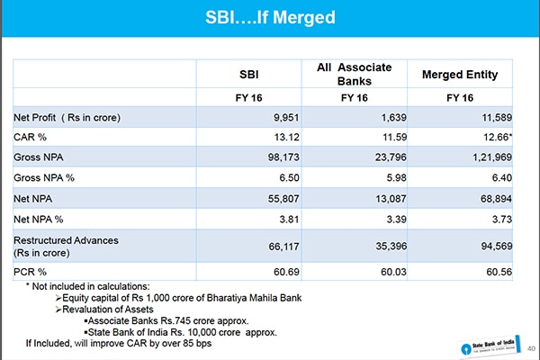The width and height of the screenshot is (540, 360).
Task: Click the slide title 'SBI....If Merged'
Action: click(x=270, y=17)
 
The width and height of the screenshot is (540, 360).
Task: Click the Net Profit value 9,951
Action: click(x=283, y=117)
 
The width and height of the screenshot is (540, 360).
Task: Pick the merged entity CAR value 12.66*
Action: click(x=491, y=137)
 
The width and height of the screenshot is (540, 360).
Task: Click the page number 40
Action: click(x=530, y=348)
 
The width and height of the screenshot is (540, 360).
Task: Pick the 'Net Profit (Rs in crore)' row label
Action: click(x=67, y=117)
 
